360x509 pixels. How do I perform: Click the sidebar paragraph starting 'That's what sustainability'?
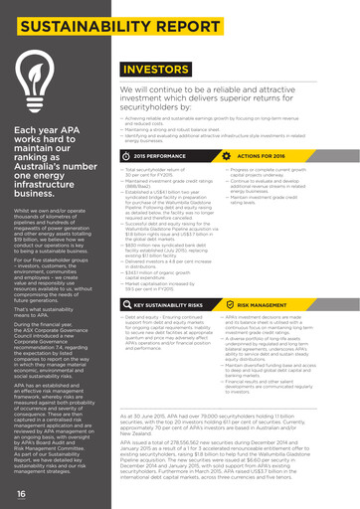[55, 288]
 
